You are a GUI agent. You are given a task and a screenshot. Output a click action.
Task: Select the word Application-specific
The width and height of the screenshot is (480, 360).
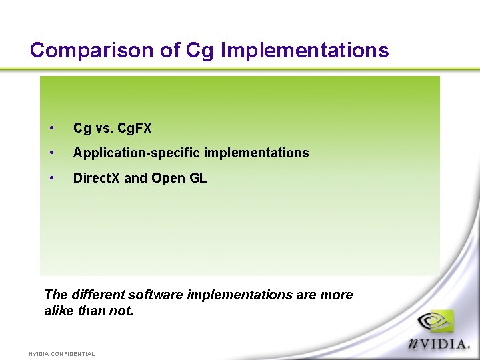point(137,153)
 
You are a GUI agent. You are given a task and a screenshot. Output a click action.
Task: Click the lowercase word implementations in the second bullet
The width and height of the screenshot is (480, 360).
point(257,153)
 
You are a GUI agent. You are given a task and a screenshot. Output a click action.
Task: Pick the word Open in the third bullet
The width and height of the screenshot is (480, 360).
point(167,178)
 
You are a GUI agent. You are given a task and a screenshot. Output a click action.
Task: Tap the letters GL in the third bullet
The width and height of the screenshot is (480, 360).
point(197,178)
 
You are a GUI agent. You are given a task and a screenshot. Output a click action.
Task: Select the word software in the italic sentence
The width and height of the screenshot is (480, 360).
point(155,295)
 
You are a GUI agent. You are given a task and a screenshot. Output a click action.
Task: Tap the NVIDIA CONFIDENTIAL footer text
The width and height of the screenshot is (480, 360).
point(62,354)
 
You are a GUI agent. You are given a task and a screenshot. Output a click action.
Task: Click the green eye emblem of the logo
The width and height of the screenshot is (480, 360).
point(435,322)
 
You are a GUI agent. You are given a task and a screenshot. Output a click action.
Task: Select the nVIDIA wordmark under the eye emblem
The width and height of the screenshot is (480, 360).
point(439,344)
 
